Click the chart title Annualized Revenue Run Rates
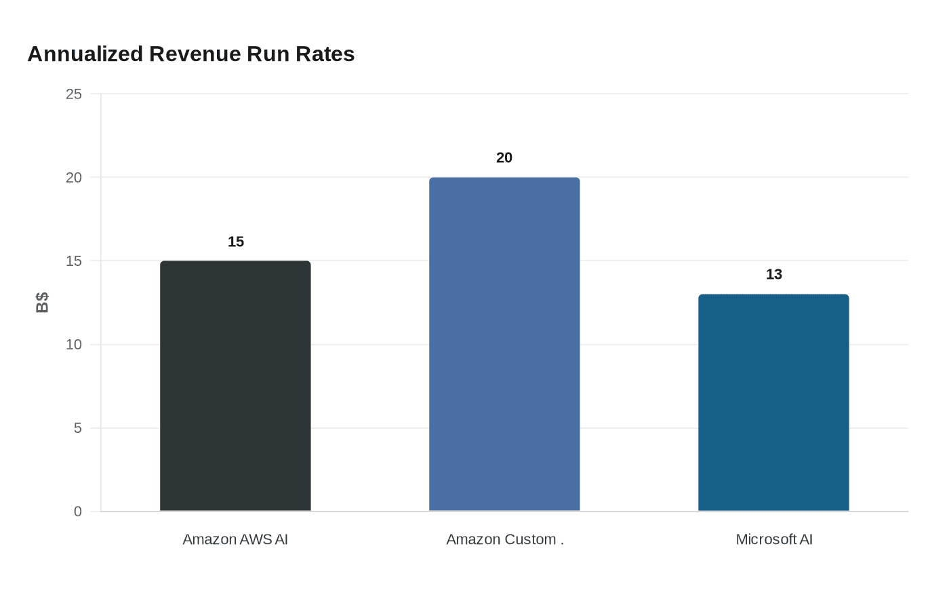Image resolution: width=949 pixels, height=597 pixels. pyautogui.click(x=190, y=54)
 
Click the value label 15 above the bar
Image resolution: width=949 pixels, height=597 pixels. pyautogui.click(x=235, y=242)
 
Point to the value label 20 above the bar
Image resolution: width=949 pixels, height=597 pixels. pyautogui.click(x=504, y=157)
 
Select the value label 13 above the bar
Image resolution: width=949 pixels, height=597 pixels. pyautogui.click(x=773, y=274)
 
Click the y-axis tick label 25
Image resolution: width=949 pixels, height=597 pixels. pyautogui.click(x=73, y=94)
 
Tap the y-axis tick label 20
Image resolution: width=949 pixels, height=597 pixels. pyautogui.click(x=73, y=178)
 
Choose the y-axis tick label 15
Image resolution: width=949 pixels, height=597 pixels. pyautogui.click(x=73, y=261)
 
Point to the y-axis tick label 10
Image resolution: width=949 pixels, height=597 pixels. pyautogui.click(x=73, y=345)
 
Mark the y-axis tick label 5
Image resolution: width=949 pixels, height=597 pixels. pyautogui.click(x=77, y=428)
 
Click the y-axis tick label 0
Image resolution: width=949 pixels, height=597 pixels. pyautogui.click(x=77, y=512)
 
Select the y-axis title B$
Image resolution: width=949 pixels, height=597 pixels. pyautogui.click(x=42, y=303)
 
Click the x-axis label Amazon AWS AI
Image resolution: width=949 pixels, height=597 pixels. pyautogui.click(x=235, y=539)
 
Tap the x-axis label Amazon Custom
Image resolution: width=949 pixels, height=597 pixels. pyautogui.click(x=504, y=539)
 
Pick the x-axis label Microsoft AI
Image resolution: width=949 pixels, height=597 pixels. pyautogui.click(x=773, y=539)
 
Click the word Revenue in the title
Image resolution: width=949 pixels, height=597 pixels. pyautogui.click(x=195, y=54)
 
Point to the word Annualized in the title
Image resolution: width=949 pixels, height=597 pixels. pyautogui.click(x=85, y=54)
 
